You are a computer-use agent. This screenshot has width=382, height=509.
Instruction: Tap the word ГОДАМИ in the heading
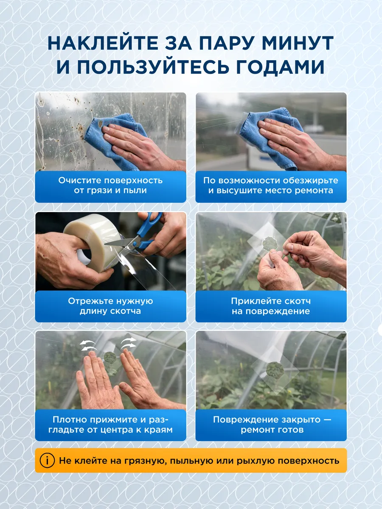point(280,67)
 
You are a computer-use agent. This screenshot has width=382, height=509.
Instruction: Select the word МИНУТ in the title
point(298,43)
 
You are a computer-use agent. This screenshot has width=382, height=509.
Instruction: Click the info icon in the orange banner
point(47,460)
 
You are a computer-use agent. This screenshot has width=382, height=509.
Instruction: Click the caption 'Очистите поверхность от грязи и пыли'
point(110,185)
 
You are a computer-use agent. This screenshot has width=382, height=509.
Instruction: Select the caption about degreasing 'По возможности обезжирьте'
point(271,180)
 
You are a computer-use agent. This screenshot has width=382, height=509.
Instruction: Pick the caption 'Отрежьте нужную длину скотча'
point(110,306)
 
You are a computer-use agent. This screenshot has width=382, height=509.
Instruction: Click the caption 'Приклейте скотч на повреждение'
point(271,306)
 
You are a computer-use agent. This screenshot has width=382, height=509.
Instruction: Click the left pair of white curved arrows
point(88,345)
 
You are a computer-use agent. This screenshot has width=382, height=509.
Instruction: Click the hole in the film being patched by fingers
point(270,244)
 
